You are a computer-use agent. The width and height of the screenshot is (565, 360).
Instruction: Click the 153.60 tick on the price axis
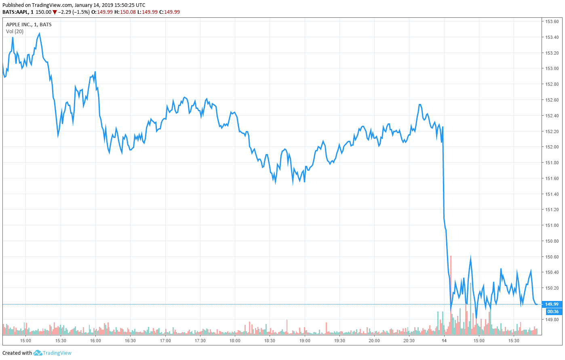tap(552, 21)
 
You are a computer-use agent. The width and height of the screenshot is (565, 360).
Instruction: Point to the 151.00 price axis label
tap(552, 225)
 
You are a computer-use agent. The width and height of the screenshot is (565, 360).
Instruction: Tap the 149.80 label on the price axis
tap(552, 320)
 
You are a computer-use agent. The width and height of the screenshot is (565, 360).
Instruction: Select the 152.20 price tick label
tap(552, 131)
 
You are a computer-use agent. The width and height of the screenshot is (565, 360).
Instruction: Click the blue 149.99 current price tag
tap(552, 304)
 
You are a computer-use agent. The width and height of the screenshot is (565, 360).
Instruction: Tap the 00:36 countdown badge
tap(552, 311)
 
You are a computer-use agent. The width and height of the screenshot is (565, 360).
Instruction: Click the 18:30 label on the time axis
tap(270, 341)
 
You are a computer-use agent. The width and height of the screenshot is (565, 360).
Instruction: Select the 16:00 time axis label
tap(95, 341)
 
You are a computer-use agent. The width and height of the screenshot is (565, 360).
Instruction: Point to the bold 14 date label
tap(444, 341)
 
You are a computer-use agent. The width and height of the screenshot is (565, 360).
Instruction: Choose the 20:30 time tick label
tap(409, 341)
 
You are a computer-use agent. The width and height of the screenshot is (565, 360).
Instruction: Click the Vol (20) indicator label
tap(15, 31)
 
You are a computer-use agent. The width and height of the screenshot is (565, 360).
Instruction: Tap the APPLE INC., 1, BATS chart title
tap(29, 25)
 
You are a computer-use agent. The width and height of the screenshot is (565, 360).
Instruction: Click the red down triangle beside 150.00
tap(55, 12)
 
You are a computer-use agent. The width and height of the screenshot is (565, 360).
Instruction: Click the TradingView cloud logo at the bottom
tap(38, 353)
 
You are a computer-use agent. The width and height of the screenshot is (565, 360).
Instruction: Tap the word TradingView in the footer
tap(57, 353)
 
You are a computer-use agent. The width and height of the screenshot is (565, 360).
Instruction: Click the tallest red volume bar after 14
tap(451, 295)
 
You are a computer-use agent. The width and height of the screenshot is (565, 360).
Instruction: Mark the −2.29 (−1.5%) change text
tap(74, 12)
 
